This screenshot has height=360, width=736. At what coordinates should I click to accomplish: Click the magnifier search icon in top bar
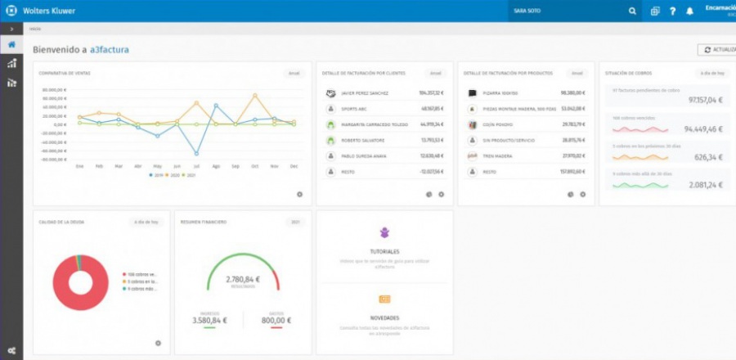coord(632,11)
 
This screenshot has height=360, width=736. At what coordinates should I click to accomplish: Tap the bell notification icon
coord(689,11)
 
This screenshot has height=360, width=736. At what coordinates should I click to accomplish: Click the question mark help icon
coord(672,11)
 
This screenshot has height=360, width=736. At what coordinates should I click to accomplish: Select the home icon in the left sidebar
coord(11,44)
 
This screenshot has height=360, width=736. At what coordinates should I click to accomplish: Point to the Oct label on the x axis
coord(255,166)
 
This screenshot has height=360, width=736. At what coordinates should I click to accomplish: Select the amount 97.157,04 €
coord(706,100)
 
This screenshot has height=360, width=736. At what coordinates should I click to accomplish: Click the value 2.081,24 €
coord(706,185)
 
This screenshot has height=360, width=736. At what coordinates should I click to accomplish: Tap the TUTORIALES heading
coord(384,251)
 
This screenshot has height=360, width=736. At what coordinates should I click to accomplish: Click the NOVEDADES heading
coord(384,317)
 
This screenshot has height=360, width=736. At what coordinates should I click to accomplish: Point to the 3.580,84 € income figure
coord(210,320)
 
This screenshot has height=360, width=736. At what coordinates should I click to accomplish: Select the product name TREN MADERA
coord(497,155)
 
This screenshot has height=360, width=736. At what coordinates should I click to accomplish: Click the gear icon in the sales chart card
coord(299,194)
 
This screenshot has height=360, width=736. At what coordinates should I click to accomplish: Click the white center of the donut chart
coord(81,284)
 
